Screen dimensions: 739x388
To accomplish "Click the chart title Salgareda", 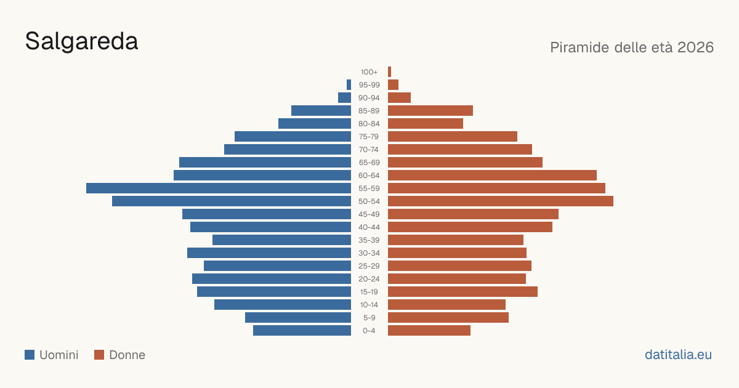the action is click(x=81, y=41).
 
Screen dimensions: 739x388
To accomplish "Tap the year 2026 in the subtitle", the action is click(x=695, y=47).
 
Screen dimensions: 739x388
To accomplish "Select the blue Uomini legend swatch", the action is click(x=30, y=355).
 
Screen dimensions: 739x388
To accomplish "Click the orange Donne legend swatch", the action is click(x=99, y=355).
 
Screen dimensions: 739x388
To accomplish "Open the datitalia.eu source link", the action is click(x=678, y=355).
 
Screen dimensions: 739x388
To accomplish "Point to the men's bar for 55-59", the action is click(x=219, y=188).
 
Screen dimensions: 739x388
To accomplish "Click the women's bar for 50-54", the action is click(x=501, y=201).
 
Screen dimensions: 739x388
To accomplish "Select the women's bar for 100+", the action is click(x=389, y=72).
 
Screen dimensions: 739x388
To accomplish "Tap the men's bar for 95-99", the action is click(x=349, y=85).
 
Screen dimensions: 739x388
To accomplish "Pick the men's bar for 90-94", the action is click(x=344, y=98).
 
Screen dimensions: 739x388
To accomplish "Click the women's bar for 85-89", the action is click(x=430, y=110).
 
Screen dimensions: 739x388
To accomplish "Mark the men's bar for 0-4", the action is click(x=302, y=331).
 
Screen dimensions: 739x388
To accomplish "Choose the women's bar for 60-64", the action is click(x=492, y=175).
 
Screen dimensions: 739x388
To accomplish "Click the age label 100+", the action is click(x=369, y=72).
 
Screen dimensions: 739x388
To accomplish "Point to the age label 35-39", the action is click(x=369, y=240).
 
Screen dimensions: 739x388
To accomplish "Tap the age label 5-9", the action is click(x=369, y=318).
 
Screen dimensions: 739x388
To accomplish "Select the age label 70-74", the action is click(x=369, y=150).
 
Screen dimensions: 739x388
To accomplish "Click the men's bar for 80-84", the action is click(x=315, y=123).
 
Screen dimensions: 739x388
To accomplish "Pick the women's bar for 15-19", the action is click(x=462, y=292).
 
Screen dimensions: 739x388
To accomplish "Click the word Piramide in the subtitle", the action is click(x=584, y=47).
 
